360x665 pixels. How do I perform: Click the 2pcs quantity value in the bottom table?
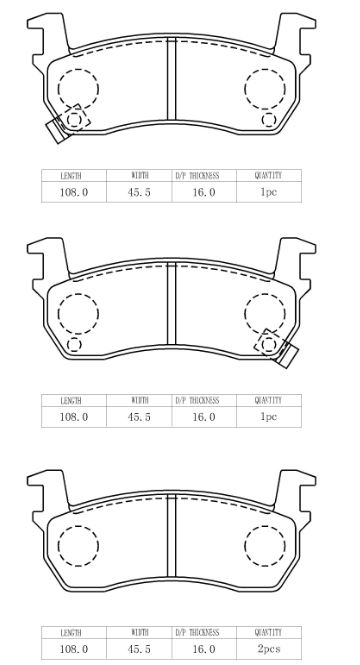click(x=269, y=649)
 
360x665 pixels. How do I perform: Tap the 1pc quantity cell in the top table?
click(x=269, y=192)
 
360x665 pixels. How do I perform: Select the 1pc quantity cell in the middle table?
click(x=269, y=417)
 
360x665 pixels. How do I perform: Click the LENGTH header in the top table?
click(x=71, y=176)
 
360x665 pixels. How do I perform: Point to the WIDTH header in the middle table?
click(x=140, y=400)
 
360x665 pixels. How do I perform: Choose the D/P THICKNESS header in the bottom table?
click(x=197, y=632)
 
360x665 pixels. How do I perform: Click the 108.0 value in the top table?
click(x=74, y=192)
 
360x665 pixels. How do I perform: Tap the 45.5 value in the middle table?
click(x=139, y=417)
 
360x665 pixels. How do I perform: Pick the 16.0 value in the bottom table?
click(x=204, y=649)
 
